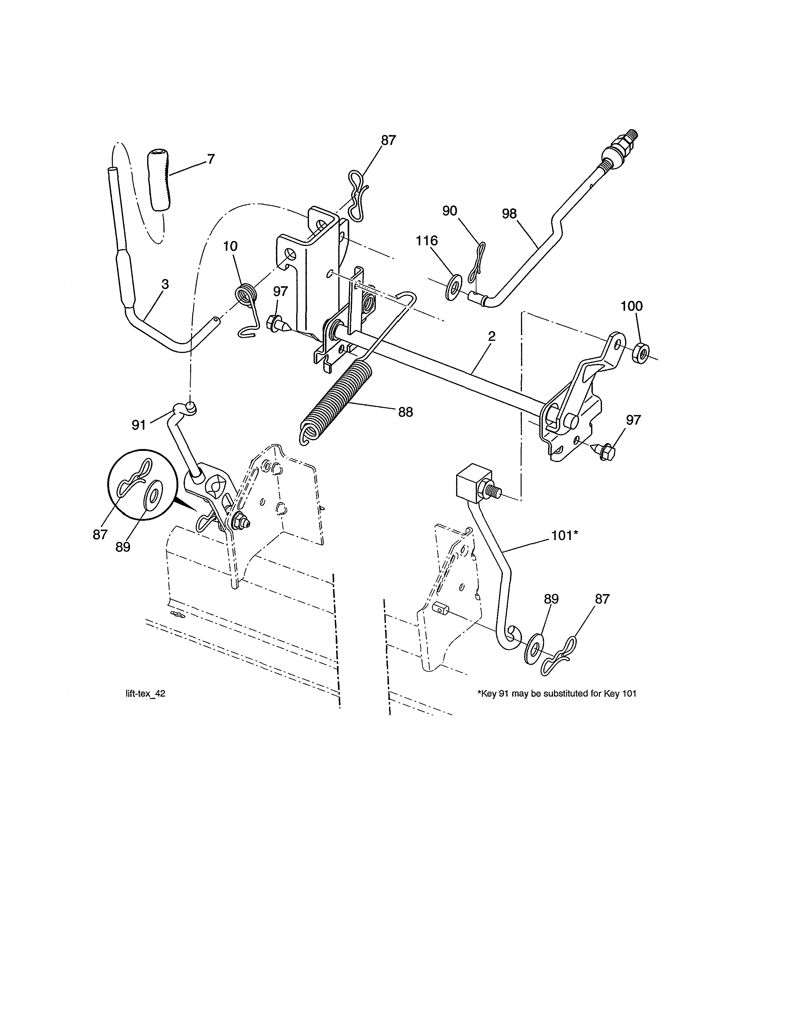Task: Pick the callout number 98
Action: pyautogui.click(x=509, y=214)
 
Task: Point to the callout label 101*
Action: pyautogui.click(x=564, y=536)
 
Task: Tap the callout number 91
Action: pyautogui.click(x=138, y=425)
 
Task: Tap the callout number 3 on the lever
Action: pyautogui.click(x=165, y=285)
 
